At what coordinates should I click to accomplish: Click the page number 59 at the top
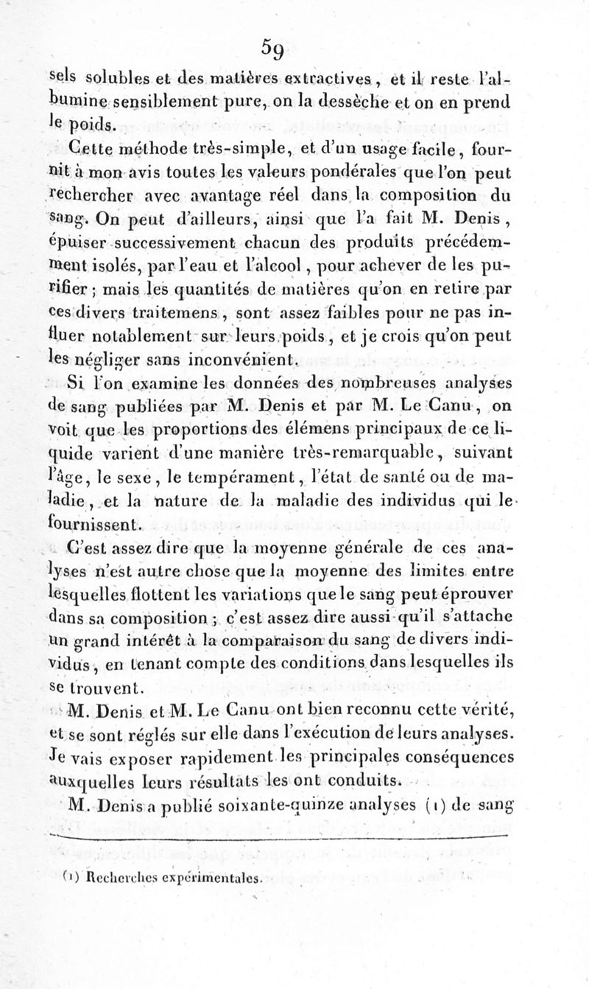tap(276, 49)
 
